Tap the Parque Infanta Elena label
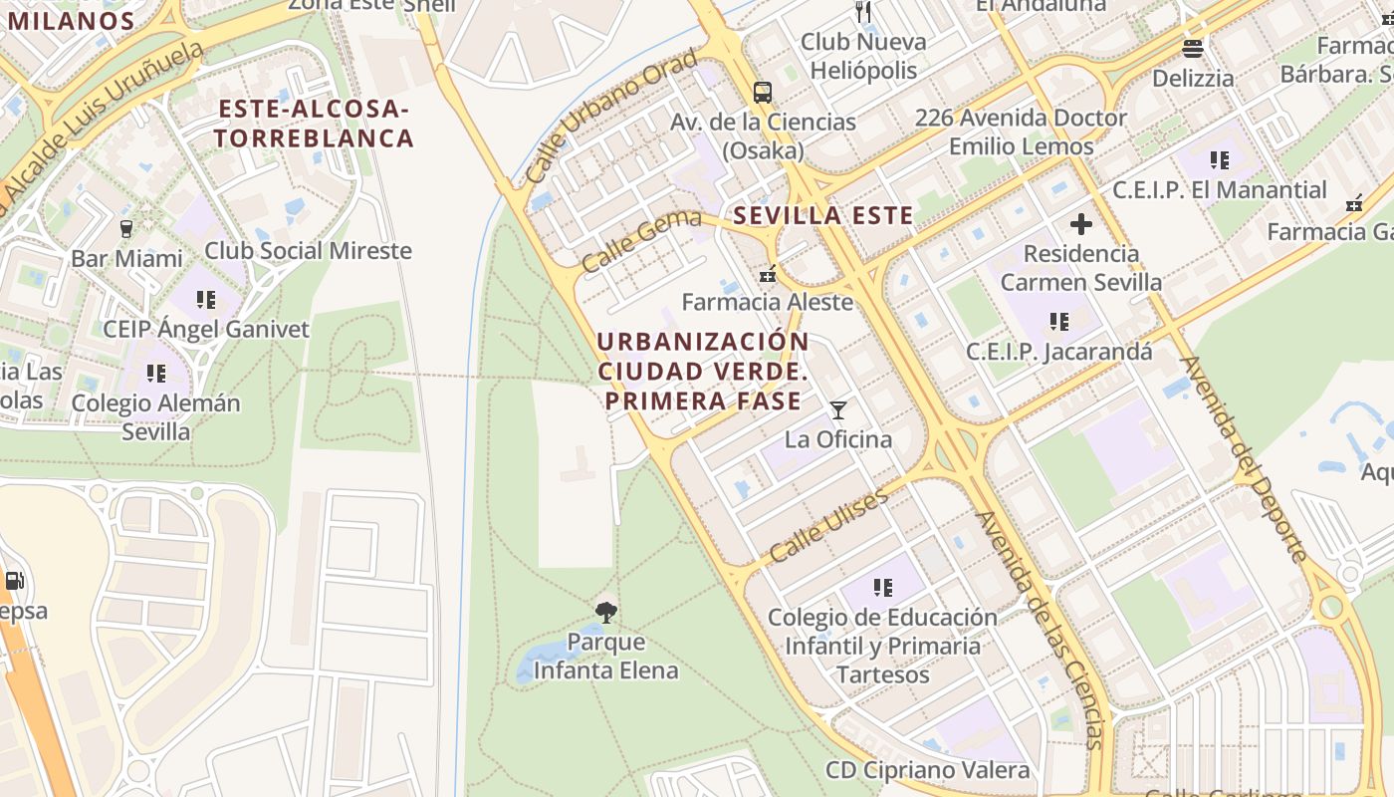605,657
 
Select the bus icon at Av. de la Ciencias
763,93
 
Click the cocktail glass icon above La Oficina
838,410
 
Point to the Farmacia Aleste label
768,302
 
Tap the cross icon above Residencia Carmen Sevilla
1080,225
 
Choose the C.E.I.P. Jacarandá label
1059,352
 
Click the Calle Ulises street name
828,525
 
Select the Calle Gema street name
641,241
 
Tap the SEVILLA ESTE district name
823,216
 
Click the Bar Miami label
126,259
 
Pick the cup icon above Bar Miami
126,229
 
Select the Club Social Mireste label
308,250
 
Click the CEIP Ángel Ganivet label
206,329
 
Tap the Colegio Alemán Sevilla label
156,417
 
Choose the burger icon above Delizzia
1193,48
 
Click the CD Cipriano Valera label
928,770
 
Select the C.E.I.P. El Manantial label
1220,190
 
